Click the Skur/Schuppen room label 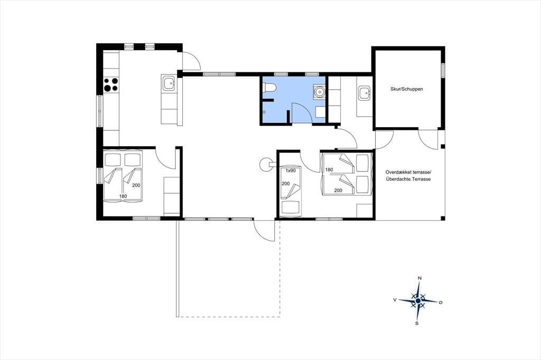(406, 89)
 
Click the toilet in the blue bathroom (269, 88)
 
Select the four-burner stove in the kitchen (111, 84)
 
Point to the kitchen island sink (169, 83)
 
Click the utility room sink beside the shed (364, 93)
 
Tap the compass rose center (418, 301)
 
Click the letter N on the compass (419, 278)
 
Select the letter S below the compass (417, 323)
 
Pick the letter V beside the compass (395, 300)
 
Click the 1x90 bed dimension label (291, 170)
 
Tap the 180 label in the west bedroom (123, 196)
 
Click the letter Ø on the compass (441, 302)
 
